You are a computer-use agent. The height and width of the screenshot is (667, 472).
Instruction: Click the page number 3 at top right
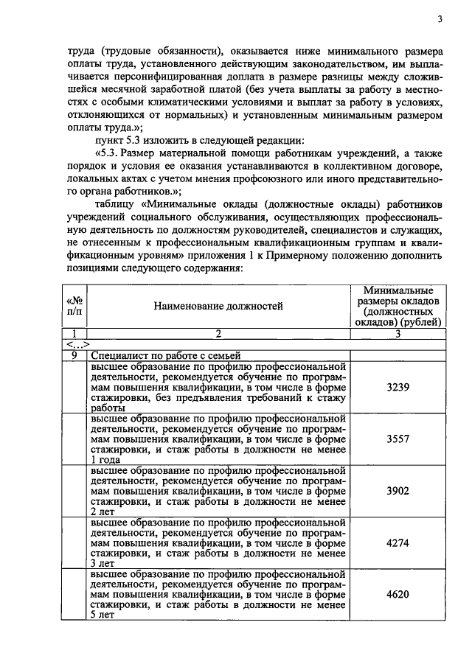439,20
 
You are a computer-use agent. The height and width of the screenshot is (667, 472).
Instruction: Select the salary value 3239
398,385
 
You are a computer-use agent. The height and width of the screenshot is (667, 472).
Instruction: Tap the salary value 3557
398,438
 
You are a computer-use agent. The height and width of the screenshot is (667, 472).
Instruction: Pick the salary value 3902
398,491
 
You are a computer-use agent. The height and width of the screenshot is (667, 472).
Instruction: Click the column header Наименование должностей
218,307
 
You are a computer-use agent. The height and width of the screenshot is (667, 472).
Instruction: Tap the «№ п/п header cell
74,307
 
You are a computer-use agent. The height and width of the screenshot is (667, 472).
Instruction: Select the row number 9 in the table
74,355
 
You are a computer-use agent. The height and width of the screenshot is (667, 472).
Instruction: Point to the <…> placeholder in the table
77,344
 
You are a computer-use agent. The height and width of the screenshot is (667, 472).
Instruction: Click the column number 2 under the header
218,334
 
